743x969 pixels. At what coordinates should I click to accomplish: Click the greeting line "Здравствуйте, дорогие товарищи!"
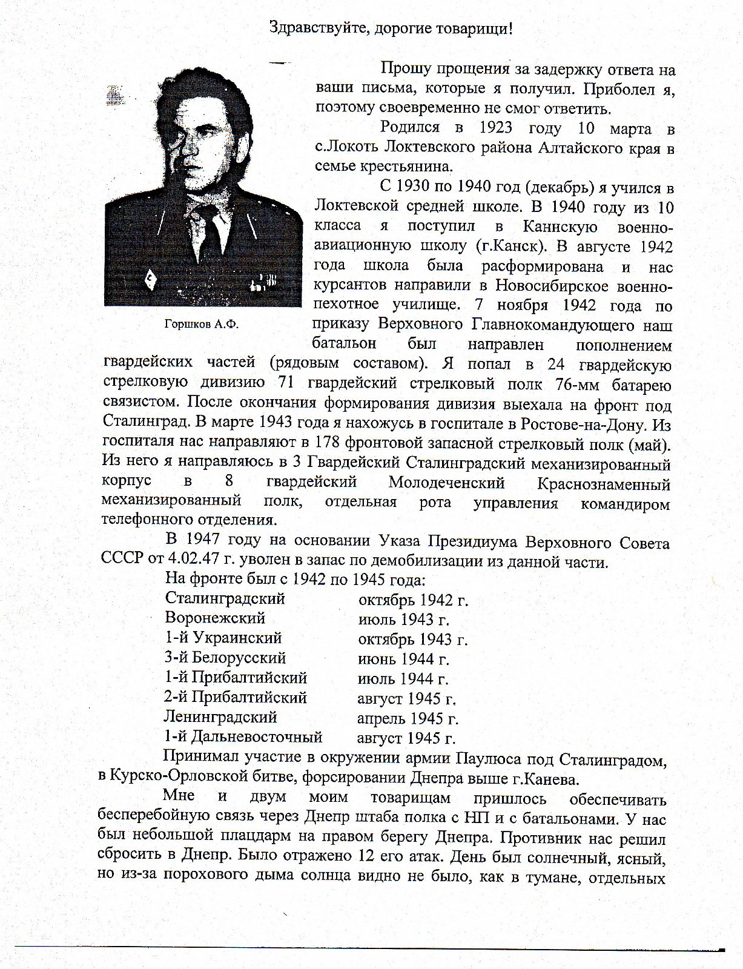point(391,28)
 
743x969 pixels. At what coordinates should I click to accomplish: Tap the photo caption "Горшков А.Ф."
point(202,325)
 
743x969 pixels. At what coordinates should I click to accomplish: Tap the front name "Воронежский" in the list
point(215,619)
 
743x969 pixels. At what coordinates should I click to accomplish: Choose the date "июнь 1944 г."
point(403,659)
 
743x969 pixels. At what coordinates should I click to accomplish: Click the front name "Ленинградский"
point(220,718)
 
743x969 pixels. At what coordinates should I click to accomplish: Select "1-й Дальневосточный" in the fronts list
point(243,738)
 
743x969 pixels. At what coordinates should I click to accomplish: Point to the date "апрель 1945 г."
point(408,719)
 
